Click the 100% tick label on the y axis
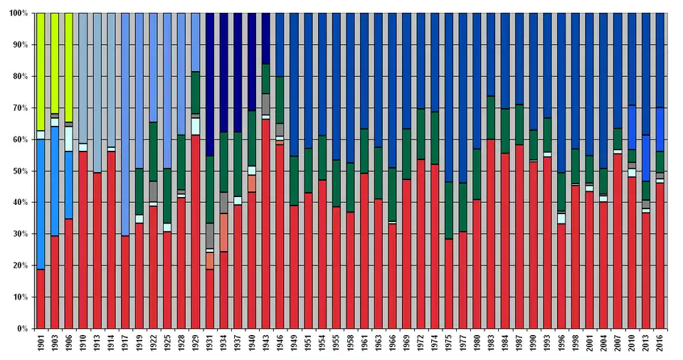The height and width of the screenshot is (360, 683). [x=18, y=14]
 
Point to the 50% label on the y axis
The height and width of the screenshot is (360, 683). [x=19, y=171]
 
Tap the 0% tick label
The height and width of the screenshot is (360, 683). [x=22, y=329]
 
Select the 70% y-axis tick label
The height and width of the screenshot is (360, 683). [x=19, y=108]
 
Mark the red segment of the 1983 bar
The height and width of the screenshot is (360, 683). [x=490, y=234]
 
